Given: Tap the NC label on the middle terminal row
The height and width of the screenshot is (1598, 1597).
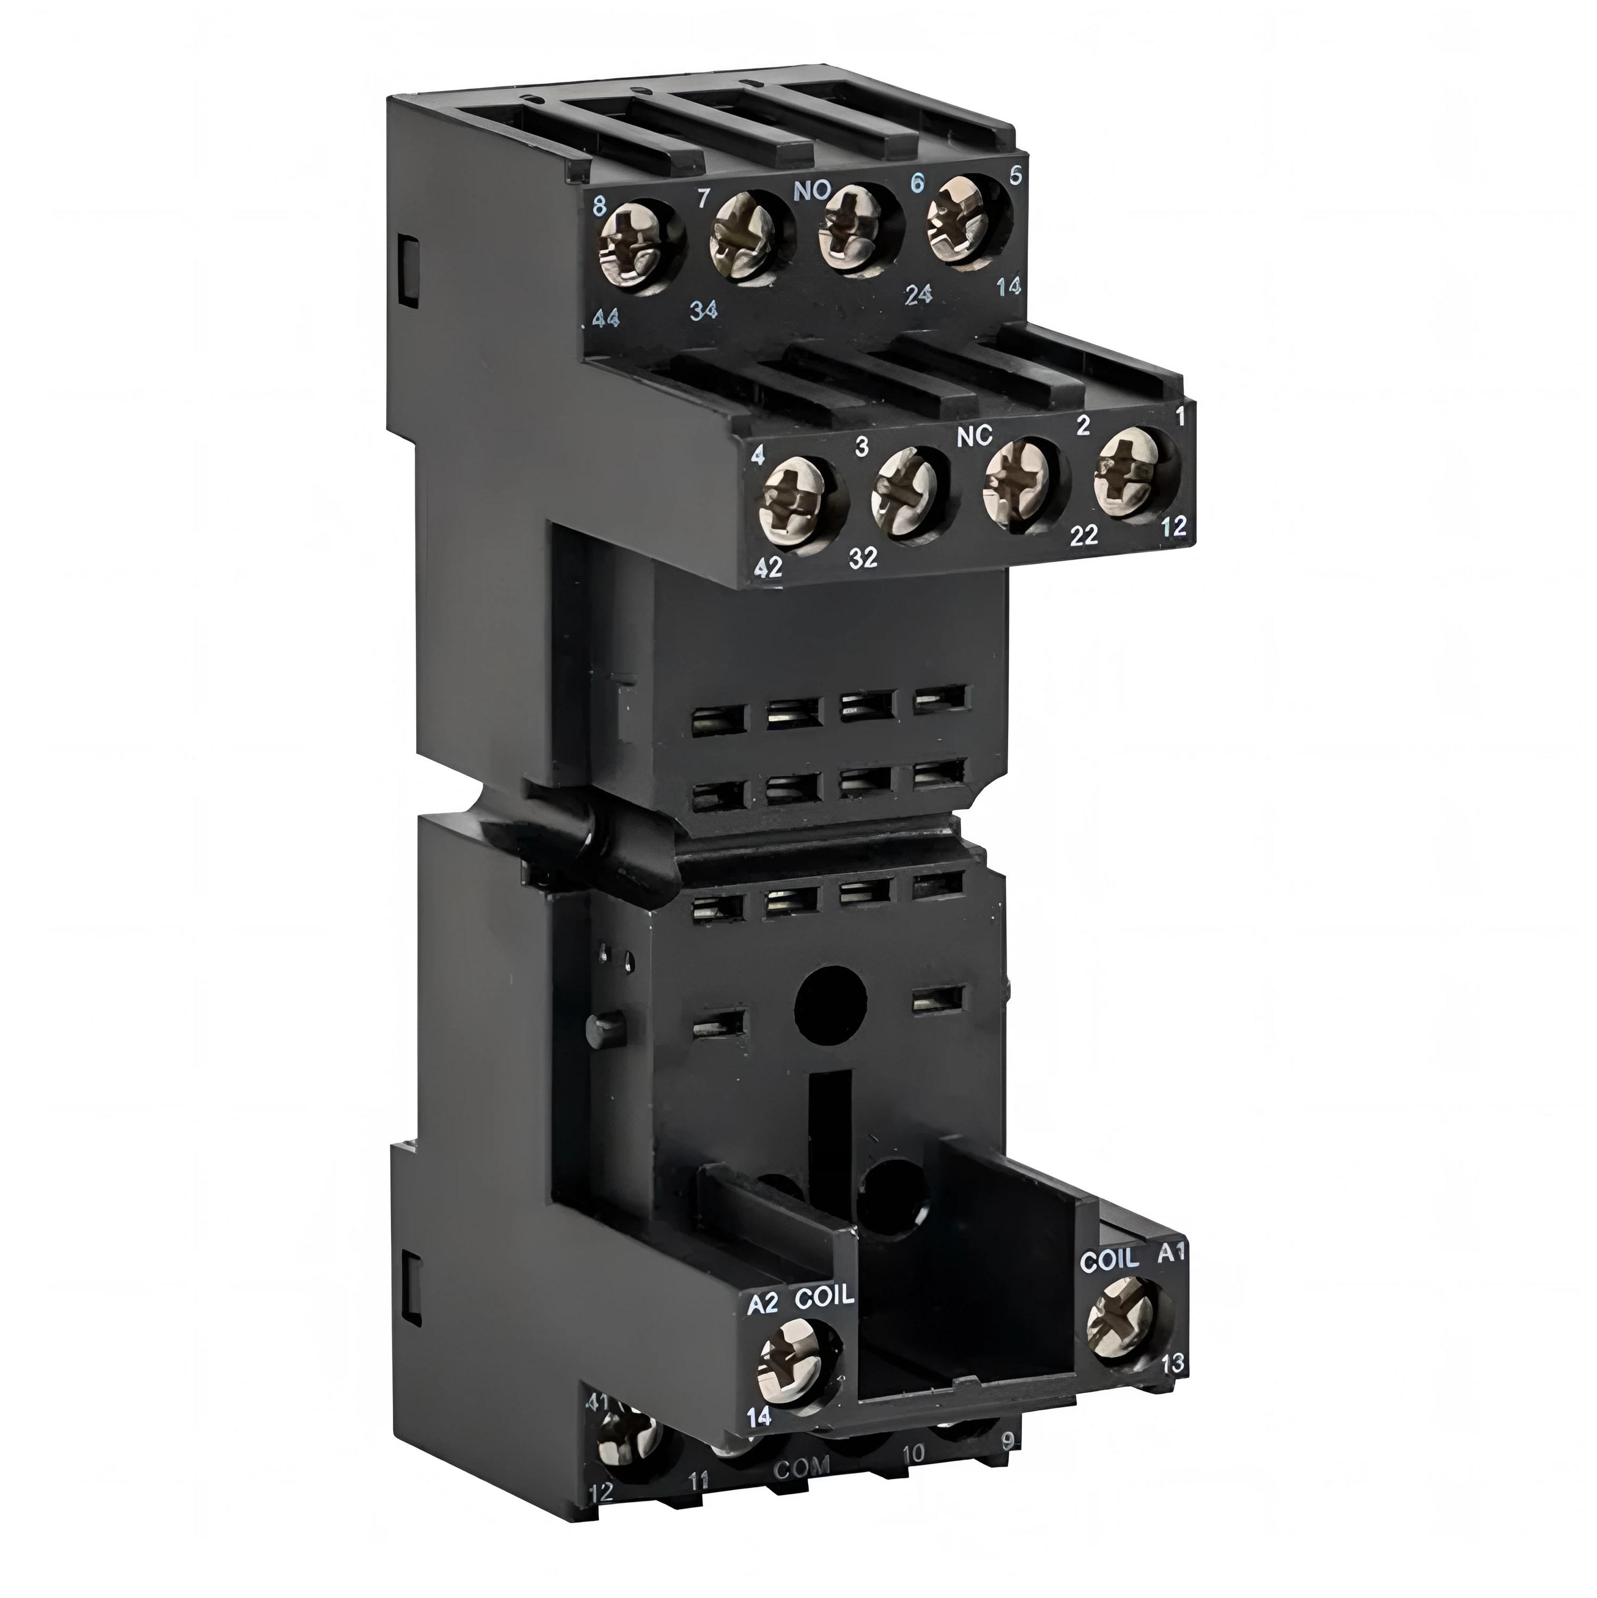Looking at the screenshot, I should pos(974,439).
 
